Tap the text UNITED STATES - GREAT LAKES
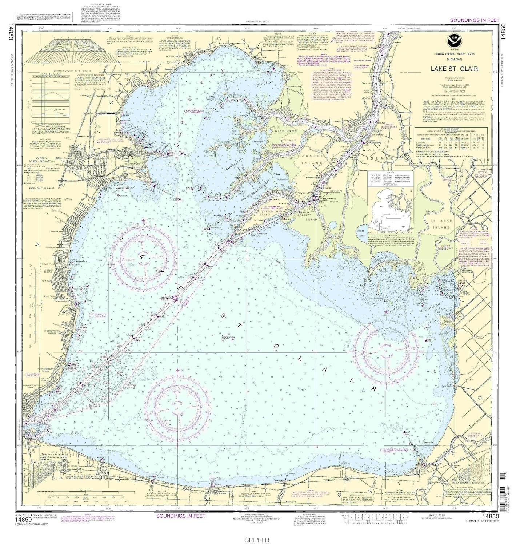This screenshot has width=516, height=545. click(453, 54)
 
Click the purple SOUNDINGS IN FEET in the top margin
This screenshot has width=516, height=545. click(475, 20)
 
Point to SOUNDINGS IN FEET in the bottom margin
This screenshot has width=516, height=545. click(181, 516)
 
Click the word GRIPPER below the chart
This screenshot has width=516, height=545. click(257, 540)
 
